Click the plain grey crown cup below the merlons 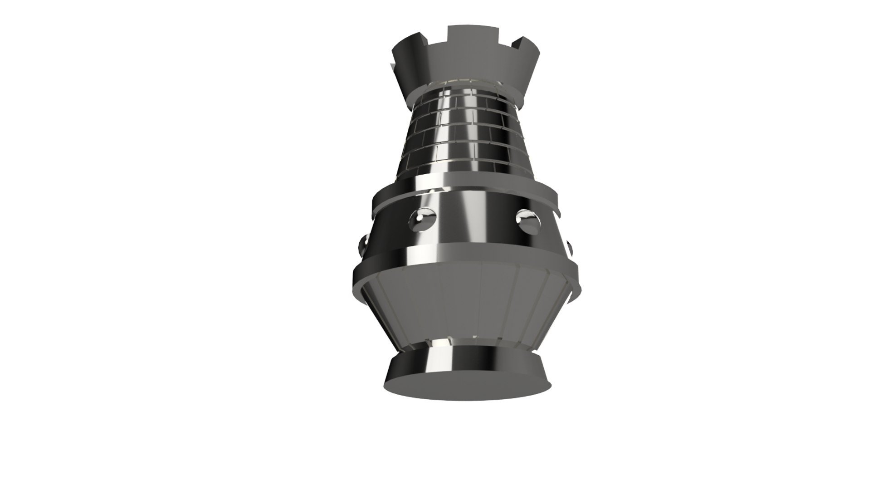pyautogui.click(x=467, y=68)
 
